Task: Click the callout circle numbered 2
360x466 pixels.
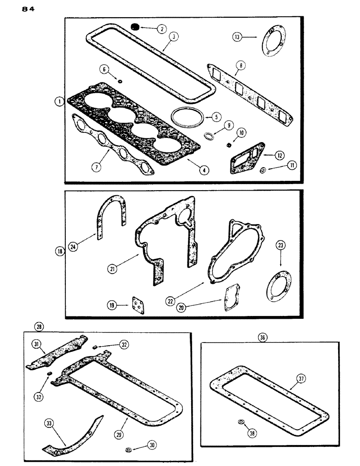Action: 161,29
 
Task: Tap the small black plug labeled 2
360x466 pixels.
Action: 135,27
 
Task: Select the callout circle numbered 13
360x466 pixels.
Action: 238,37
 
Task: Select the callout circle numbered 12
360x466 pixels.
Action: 279,154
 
